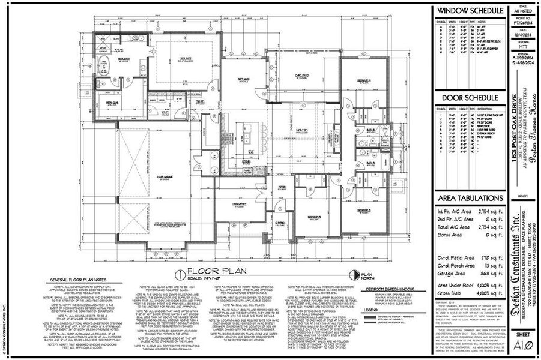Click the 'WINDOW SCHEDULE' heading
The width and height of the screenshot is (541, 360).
(x=470, y=11)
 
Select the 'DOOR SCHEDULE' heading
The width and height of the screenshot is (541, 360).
(x=470, y=98)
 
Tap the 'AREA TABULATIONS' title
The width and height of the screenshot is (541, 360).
(x=470, y=197)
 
